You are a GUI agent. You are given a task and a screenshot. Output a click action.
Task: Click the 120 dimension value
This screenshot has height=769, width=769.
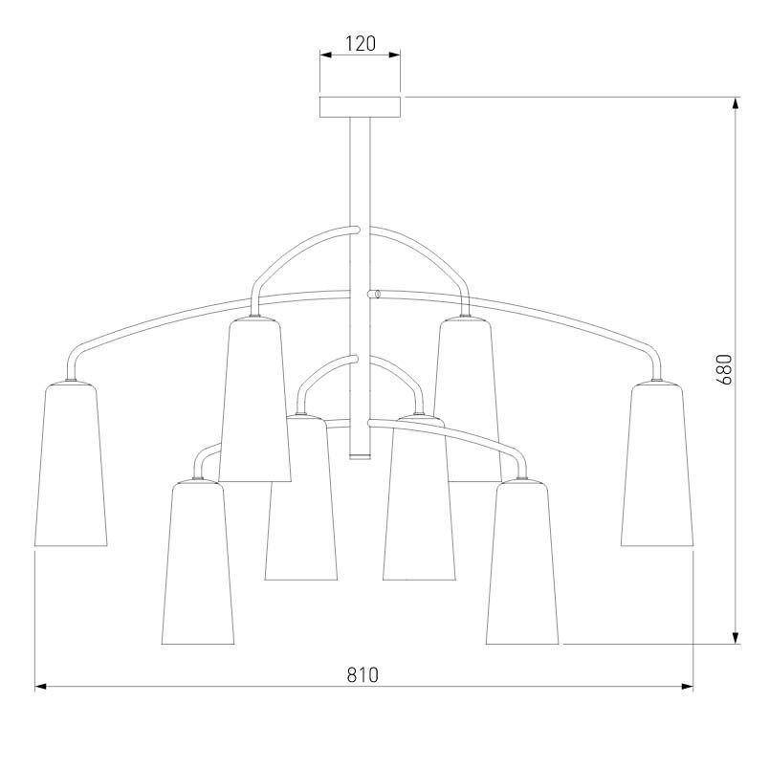click(x=361, y=44)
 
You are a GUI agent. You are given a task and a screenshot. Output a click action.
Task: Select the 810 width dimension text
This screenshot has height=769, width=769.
click(x=363, y=675)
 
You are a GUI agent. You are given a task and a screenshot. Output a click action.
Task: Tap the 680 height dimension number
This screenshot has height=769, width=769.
click(x=723, y=369)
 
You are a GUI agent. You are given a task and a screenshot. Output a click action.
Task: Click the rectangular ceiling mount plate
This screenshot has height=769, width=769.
click(x=361, y=107)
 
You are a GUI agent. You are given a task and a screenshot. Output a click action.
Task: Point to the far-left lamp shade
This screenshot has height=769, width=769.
click(x=71, y=464)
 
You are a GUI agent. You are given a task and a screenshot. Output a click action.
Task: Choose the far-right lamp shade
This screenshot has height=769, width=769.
click(x=657, y=464)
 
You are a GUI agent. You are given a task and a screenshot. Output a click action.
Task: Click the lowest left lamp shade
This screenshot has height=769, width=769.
click(x=198, y=562)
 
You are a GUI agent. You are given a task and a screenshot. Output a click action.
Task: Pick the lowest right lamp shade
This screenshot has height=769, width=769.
click(x=522, y=562)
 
